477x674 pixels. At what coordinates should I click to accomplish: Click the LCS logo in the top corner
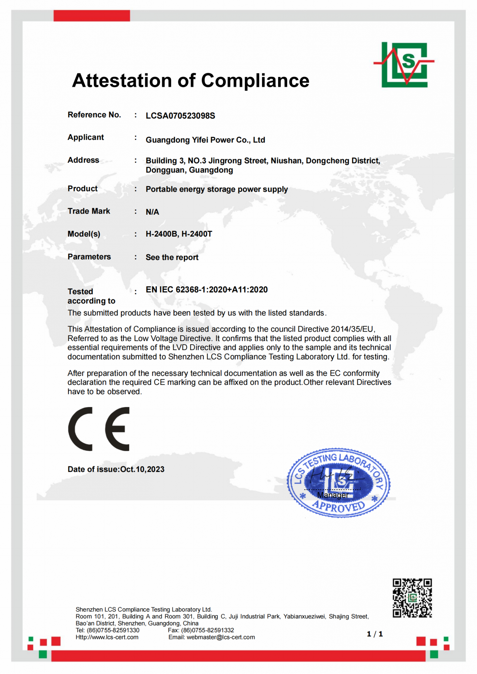[x=404, y=64]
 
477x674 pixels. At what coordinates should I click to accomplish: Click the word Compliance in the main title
[x=255, y=81]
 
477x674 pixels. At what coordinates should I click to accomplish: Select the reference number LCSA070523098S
[x=180, y=116]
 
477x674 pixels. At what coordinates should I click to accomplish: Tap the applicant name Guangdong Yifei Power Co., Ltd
[x=205, y=140]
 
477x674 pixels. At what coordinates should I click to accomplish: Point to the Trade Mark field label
[x=89, y=211]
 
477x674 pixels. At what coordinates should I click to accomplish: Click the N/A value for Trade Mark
[x=152, y=212]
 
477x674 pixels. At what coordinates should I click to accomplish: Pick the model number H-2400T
[x=197, y=234]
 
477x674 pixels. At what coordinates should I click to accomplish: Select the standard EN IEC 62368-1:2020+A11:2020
[x=207, y=290]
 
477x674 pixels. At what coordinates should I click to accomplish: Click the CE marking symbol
[x=99, y=429]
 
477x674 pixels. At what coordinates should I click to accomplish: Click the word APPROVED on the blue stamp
[x=338, y=506]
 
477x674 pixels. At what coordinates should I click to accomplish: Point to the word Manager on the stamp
[x=333, y=495]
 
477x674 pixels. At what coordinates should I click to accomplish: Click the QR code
[x=412, y=598]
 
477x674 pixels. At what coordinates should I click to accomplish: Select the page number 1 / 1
[x=375, y=634]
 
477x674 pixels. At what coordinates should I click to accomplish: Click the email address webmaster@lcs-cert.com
[x=221, y=637]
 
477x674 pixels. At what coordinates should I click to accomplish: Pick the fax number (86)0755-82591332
[x=207, y=630]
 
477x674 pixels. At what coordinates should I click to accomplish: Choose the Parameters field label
[x=89, y=257]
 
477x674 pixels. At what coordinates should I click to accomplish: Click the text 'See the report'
[x=172, y=257]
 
